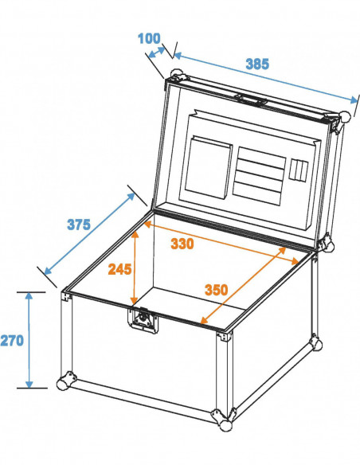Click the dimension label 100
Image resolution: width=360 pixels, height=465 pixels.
(x=148, y=38)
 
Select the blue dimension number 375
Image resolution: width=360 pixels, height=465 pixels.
(x=78, y=225)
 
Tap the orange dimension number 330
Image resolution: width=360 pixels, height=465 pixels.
(x=182, y=244)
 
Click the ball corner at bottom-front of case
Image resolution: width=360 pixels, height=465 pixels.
(x=217, y=416)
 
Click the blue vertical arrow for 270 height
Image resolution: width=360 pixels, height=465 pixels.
(x=29, y=340)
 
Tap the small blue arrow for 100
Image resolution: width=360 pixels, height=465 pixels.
(x=158, y=53)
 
